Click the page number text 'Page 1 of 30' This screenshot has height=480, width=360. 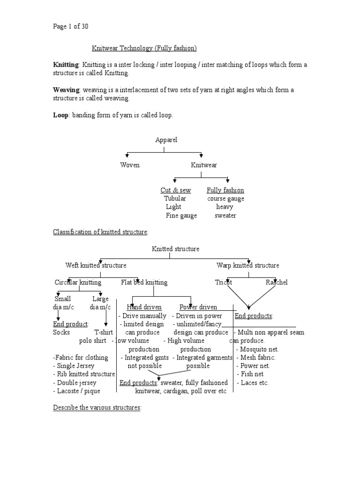70,27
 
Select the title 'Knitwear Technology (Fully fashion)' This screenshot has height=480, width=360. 143,48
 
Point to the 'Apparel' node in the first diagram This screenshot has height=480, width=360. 166,140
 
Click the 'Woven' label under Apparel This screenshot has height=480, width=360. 130,165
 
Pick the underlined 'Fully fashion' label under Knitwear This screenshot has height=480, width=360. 225,190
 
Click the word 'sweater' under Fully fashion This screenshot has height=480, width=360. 225,216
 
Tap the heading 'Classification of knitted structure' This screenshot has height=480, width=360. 100,232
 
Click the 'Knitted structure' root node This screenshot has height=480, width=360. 175,249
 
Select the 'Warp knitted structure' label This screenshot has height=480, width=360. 248,266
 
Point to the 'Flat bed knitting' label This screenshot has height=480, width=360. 144,283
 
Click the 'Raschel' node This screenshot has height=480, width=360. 277,283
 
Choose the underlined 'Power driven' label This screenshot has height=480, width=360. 198,307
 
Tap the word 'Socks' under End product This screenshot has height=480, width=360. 62,332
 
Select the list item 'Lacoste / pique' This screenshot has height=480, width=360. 77,391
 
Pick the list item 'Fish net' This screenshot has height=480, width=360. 252,374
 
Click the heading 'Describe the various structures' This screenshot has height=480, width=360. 97,408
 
